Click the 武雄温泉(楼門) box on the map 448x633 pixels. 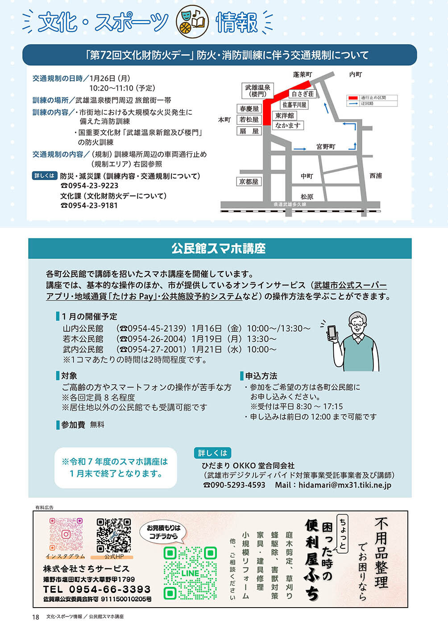[x=257, y=90]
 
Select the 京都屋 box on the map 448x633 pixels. [x=249, y=182]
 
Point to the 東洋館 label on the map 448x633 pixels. [x=284, y=115]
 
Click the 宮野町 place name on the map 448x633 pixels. [x=326, y=147]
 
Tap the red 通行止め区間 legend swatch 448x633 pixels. [x=353, y=98]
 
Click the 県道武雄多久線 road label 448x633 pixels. [x=290, y=205]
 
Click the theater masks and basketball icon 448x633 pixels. [x=192, y=21]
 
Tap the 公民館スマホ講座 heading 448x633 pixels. [x=219, y=248]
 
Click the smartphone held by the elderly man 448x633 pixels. [x=332, y=332]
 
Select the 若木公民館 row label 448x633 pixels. [x=83, y=339]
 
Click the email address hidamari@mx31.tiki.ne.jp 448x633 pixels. [x=344, y=485]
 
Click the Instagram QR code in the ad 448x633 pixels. [x=66, y=534]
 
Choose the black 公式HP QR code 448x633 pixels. [x=114, y=534]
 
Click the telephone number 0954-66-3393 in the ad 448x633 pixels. [x=109, y=589]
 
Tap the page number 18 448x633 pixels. [x=36, y=617]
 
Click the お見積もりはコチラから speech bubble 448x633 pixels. [x=164, y=532]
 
